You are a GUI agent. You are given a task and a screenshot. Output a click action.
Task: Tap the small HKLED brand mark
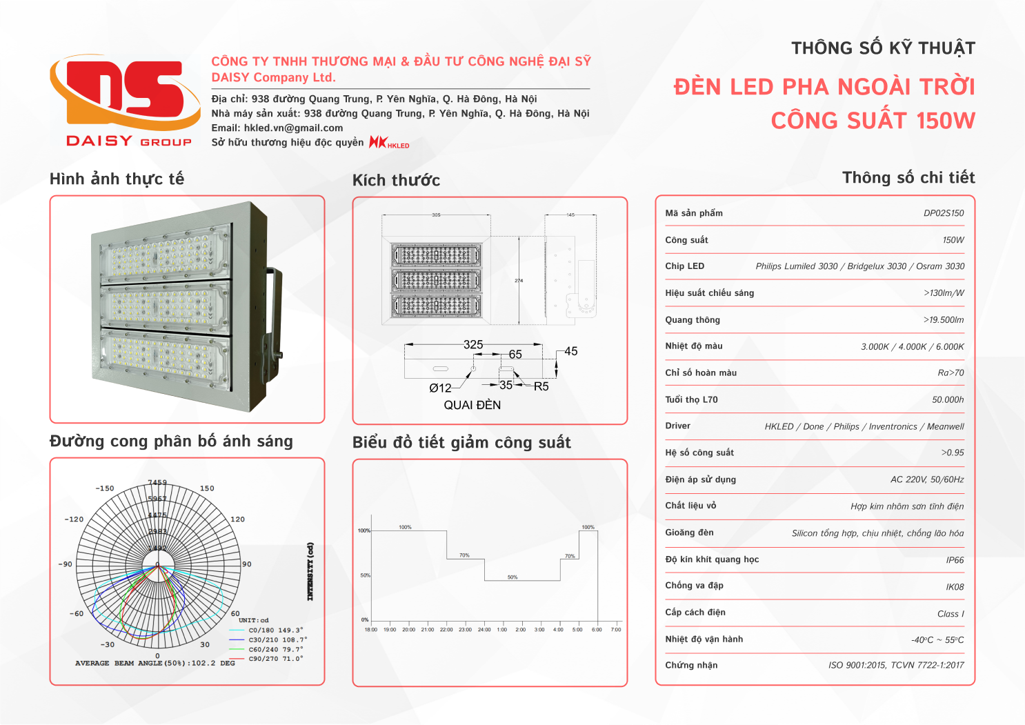click(x=389, y=143)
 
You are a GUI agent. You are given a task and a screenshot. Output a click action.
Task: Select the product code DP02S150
click(x=943, y=213)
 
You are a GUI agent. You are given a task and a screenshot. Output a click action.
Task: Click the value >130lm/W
click(x=944, y=293)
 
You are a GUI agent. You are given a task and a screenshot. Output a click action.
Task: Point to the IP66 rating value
click(x=955, y=560)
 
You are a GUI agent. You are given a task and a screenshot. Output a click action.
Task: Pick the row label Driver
click(x=677, y=426)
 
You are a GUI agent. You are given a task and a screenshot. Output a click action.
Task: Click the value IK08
click(x=955, y=587)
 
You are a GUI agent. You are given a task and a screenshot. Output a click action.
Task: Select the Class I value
click(x=951, y=614)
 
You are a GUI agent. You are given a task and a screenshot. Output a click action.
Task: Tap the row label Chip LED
click(x=684, y=266)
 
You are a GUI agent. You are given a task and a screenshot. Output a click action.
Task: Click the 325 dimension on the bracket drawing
click(x=473, y=344)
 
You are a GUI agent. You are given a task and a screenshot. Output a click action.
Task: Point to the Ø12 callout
click(x=440, y=388)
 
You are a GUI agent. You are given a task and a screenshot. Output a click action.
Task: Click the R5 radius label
click(x=541, y=386)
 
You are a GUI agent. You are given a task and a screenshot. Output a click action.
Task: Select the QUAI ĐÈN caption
click(x=472, y=405)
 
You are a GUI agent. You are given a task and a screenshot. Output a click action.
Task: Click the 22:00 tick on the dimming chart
click(x=446, y=629)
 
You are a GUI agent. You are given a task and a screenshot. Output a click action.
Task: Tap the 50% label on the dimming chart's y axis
click(x=365, y=575)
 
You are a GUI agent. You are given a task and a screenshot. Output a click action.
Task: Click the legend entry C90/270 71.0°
click(x=275, y=659)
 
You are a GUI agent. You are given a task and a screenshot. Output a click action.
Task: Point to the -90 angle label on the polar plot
click(x=66, y=564)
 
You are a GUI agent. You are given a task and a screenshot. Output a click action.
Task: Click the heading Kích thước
click(x=396, y=181)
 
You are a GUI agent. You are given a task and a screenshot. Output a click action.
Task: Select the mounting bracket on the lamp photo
click(x=273, y=310)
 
